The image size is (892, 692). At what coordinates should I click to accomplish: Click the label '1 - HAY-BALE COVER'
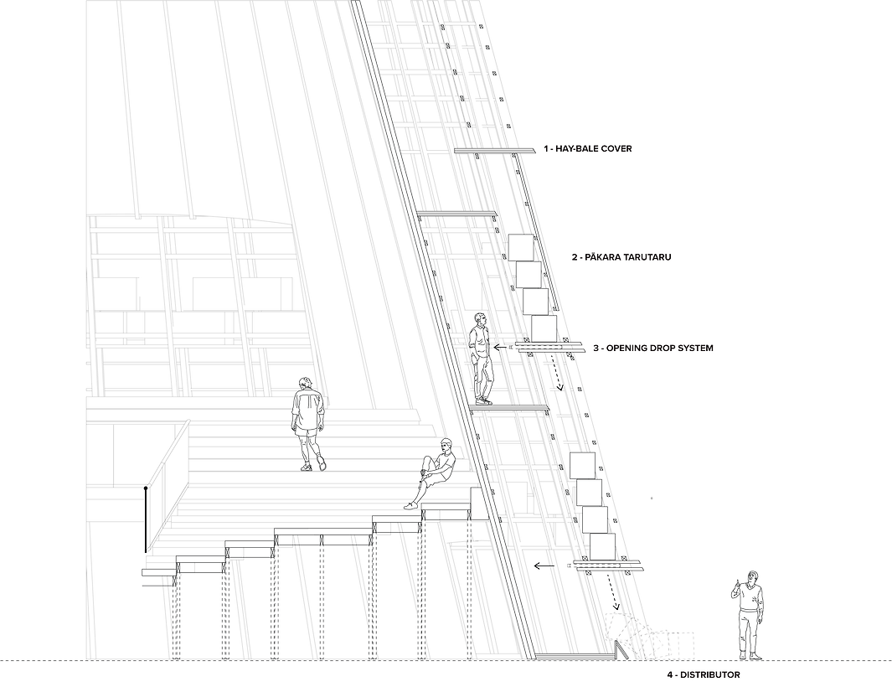coord(588,148)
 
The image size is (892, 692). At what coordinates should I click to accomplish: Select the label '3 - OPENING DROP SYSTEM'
coord(653,348)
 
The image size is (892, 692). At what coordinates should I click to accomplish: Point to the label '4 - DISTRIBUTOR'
coord(704,675)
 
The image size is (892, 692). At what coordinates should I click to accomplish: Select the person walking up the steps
coord(308,424)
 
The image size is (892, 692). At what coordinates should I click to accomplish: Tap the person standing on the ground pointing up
coord(749,615)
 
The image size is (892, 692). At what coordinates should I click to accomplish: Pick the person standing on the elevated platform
coord(482,359)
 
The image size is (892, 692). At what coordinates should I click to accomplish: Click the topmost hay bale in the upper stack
coord(520,247)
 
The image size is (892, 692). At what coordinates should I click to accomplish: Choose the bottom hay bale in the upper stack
coord(544,328)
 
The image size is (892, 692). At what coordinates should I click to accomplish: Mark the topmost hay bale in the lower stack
coord(582,466)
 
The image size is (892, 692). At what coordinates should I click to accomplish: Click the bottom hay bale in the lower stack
coord(602,546)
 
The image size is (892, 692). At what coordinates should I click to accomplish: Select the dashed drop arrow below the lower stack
coord(616,592)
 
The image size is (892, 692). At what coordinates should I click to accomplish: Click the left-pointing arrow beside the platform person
coord(501,347)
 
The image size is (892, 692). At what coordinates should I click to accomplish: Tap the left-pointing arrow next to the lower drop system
coord(544,566)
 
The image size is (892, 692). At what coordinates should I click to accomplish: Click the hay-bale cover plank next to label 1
coord(495,151)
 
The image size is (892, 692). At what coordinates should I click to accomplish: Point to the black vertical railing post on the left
coord(147,519)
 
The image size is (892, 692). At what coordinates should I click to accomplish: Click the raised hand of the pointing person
coord(737,584)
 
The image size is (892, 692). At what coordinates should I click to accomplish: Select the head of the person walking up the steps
coord(307,381)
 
